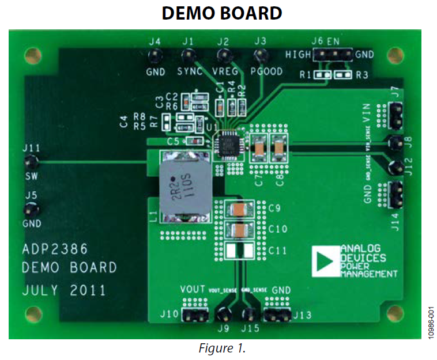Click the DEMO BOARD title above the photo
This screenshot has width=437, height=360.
(222, 13)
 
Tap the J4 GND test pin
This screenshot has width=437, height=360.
(154, 56)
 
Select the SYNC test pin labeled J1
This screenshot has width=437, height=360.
(187, 56)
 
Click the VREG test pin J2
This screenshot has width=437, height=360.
(223, 56)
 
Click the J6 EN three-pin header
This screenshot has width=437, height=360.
(334, 55)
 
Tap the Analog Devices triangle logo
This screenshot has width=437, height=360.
(325, 262)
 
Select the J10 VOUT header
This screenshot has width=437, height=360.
(195, 314)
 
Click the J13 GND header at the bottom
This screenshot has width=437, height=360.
(278, 314)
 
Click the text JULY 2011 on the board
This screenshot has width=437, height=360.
(64, 290)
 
